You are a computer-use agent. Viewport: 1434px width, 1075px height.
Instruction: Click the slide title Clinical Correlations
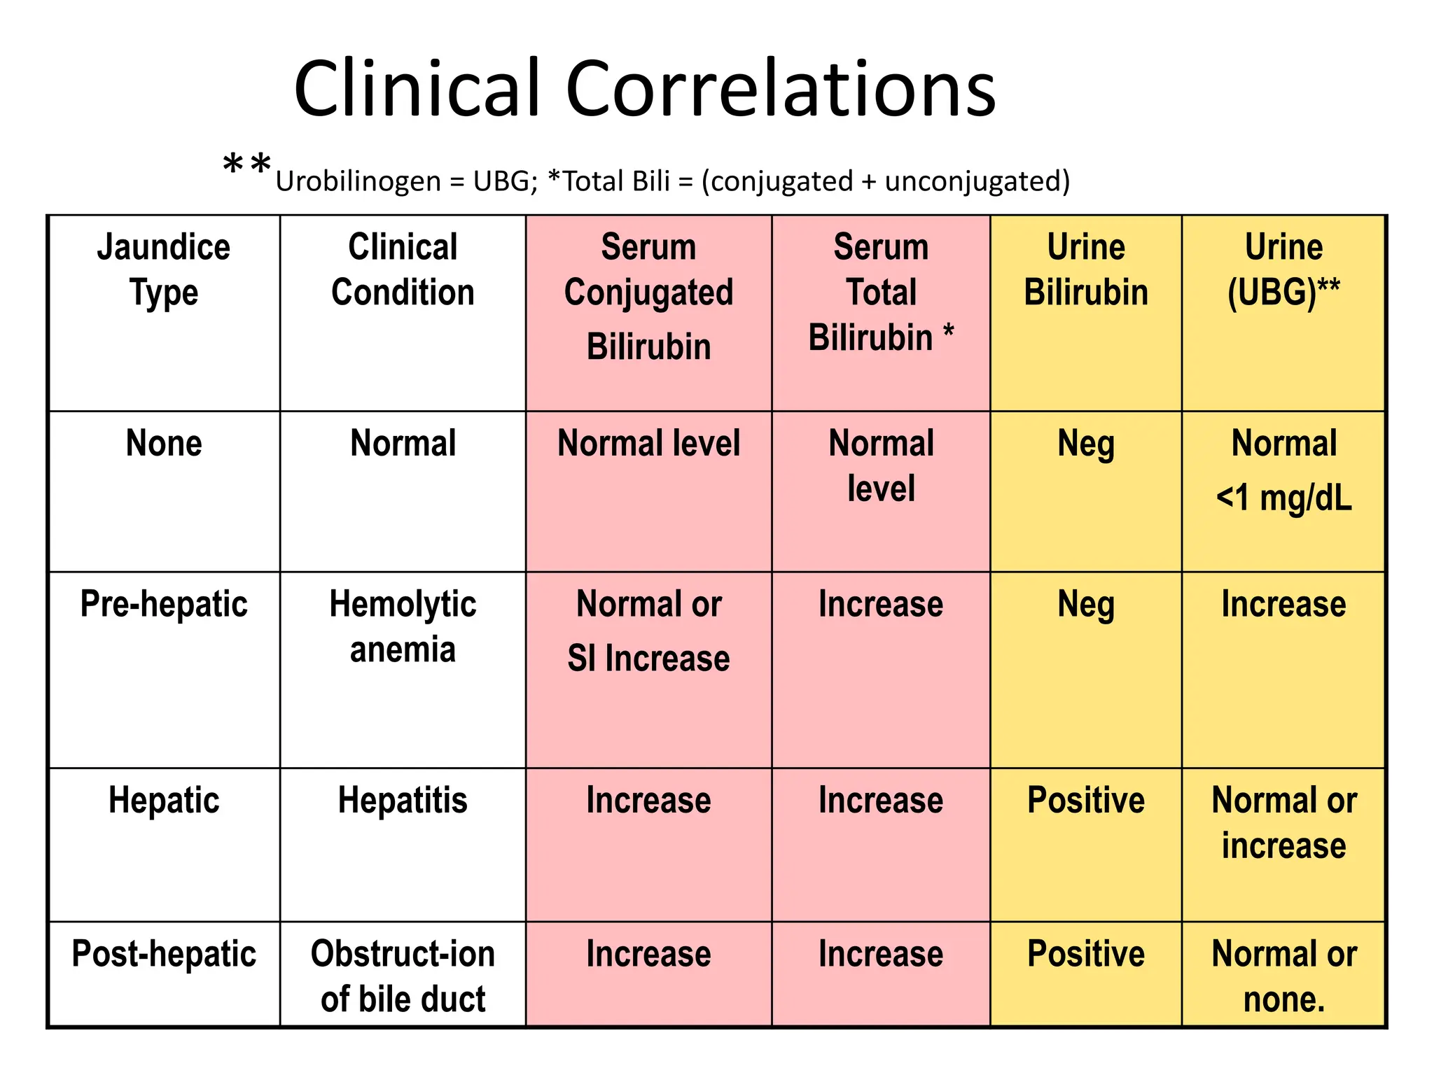pyautogui.click(x=644, y=90)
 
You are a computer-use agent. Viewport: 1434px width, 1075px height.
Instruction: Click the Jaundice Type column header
pyautogui.click(x=164, y=269)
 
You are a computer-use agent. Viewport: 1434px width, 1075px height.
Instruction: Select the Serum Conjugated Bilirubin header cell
pyautogui.click(x=648, y=296)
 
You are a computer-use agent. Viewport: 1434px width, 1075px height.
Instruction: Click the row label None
pyautogui.click(x=164, y=444)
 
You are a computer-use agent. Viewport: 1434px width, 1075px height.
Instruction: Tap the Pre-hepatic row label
pyautogui.click(x=164, y=604)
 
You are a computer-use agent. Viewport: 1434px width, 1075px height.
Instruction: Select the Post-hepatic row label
pyautogui.click(x=164, y=954)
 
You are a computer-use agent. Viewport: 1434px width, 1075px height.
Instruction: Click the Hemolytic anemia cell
pyautogui.click(x=403, y=626)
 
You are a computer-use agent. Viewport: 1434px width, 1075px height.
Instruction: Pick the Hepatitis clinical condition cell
pyautogui.click(x=403, y=800)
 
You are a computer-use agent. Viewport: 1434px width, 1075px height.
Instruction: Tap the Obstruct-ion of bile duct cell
pyautogui.click(x=403, y=976)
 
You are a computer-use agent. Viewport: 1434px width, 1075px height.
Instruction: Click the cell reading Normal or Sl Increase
pyautogui.click(x=648, y=631)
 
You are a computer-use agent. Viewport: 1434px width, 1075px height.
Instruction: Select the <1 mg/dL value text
pyautogui.click(x=1283, y=498)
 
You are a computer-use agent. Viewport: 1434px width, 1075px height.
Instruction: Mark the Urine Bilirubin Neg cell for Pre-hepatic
pyautogui.click(x=1085, y=605)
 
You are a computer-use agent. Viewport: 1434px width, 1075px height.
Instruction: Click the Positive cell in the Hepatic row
pyautogui.click(x=1085, y=800)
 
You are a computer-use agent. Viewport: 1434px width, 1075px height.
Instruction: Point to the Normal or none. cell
pyautogui.click(x=1283, y=976)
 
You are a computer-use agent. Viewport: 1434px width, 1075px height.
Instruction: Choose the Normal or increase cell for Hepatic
pyautogui.click(x=1283, y=822)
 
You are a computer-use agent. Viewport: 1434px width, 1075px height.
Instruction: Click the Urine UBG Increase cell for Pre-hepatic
pyautogui.click(x=1283, y=604)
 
